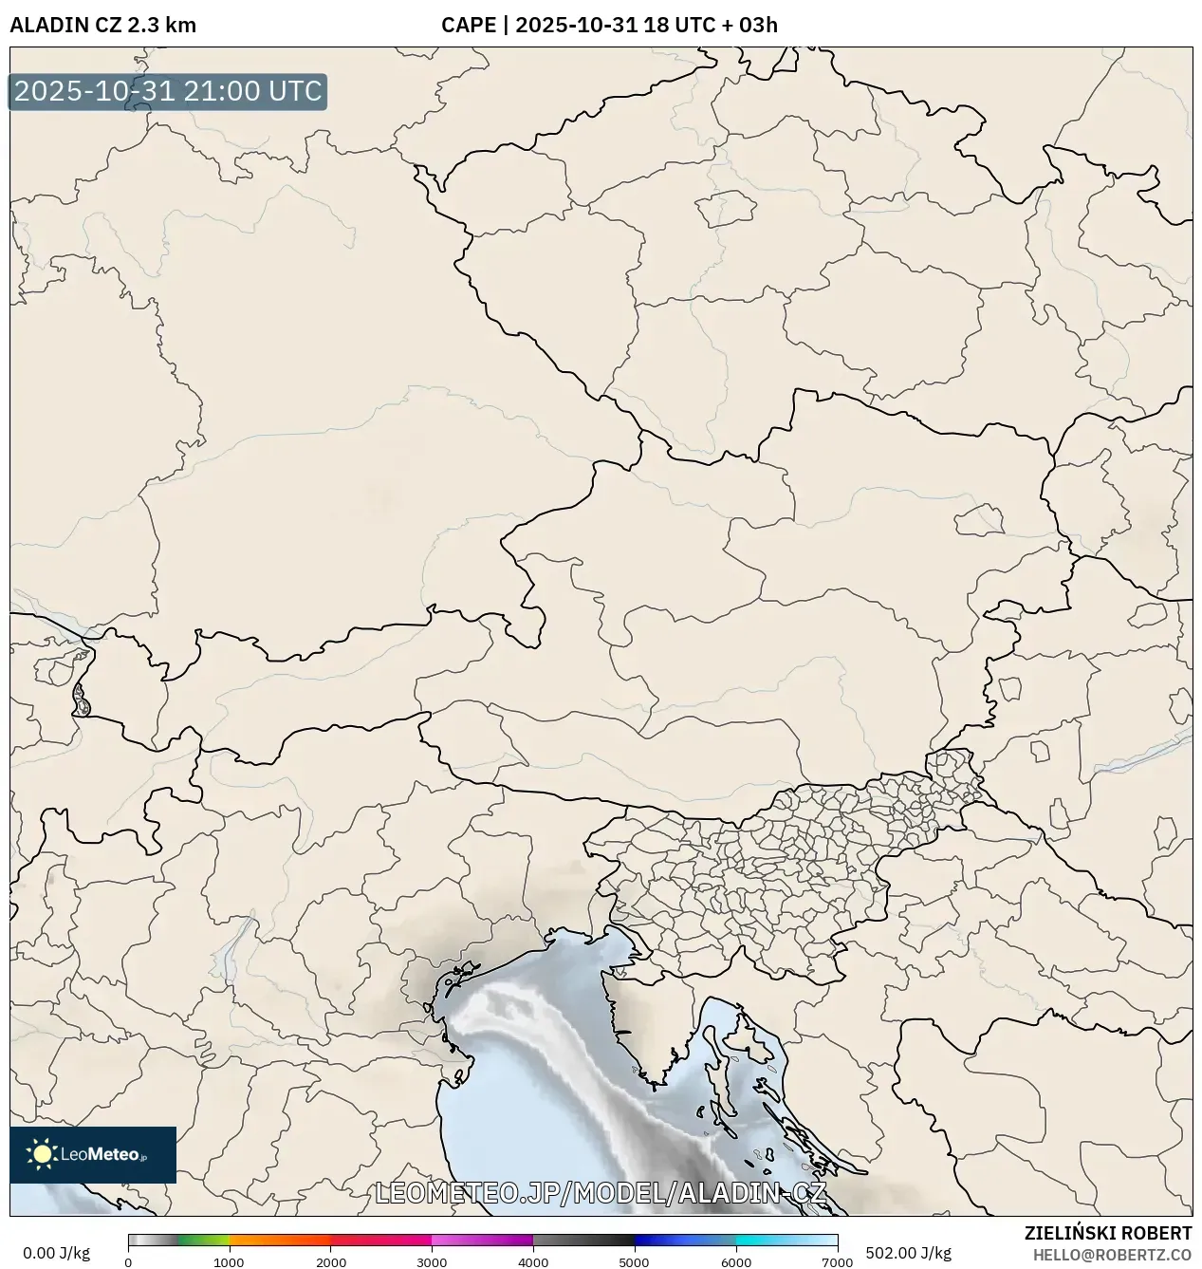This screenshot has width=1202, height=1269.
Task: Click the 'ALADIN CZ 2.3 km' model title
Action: point(102,25)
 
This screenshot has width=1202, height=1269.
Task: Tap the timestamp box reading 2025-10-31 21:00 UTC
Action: point(168,92)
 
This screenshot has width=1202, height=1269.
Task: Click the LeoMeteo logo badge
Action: point(93,1154)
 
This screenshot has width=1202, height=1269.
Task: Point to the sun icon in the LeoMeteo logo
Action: point(42,1154)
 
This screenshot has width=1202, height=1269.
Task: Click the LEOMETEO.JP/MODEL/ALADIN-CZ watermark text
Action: point(601,1193)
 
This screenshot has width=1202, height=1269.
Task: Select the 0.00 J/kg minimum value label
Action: point(56,1253)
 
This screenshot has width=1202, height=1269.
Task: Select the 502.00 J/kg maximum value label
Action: point(896,1253)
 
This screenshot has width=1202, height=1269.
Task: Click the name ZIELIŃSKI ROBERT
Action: point(1107,1233)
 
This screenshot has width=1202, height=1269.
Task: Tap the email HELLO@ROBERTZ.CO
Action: point(1112,1254)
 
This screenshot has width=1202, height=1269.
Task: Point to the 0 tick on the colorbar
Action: point(128,1262)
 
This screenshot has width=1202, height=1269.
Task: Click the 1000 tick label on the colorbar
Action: point(229,1262)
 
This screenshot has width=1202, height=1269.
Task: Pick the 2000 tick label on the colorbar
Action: point(330,1262)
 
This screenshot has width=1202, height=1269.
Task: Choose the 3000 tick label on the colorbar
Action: point(432,1262)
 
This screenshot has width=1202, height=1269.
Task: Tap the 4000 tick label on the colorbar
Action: point(533,1262)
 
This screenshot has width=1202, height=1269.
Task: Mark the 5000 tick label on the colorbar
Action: point(634,1262)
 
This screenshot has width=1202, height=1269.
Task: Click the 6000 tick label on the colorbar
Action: point(735,1262)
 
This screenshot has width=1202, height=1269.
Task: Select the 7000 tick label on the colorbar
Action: point(837,1262)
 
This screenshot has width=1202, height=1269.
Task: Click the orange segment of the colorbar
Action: point(280,1241)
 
